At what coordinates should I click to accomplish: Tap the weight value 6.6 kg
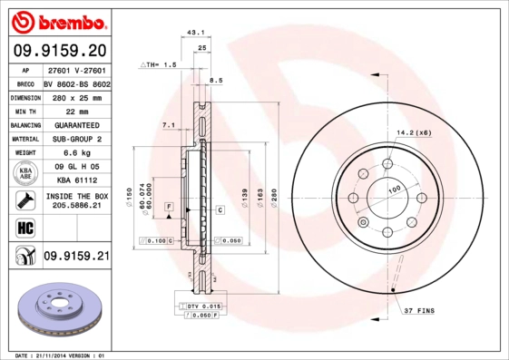coord(75,153)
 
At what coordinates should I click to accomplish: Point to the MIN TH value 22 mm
coord(75,110)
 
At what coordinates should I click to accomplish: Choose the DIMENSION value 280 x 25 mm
coord(75,96)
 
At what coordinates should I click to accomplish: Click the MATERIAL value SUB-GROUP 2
coord(75,139)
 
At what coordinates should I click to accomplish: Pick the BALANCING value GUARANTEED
coord(75,124)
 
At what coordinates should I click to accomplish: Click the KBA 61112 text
coord(75,180)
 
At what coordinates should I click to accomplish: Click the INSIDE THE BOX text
coord(76,195)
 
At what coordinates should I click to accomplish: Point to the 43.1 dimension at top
coord(193,32)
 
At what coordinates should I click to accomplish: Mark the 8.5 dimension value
coord(215,82)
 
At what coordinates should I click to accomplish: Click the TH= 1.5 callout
coord(158,65)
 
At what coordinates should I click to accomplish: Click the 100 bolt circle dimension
coord(394,189)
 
